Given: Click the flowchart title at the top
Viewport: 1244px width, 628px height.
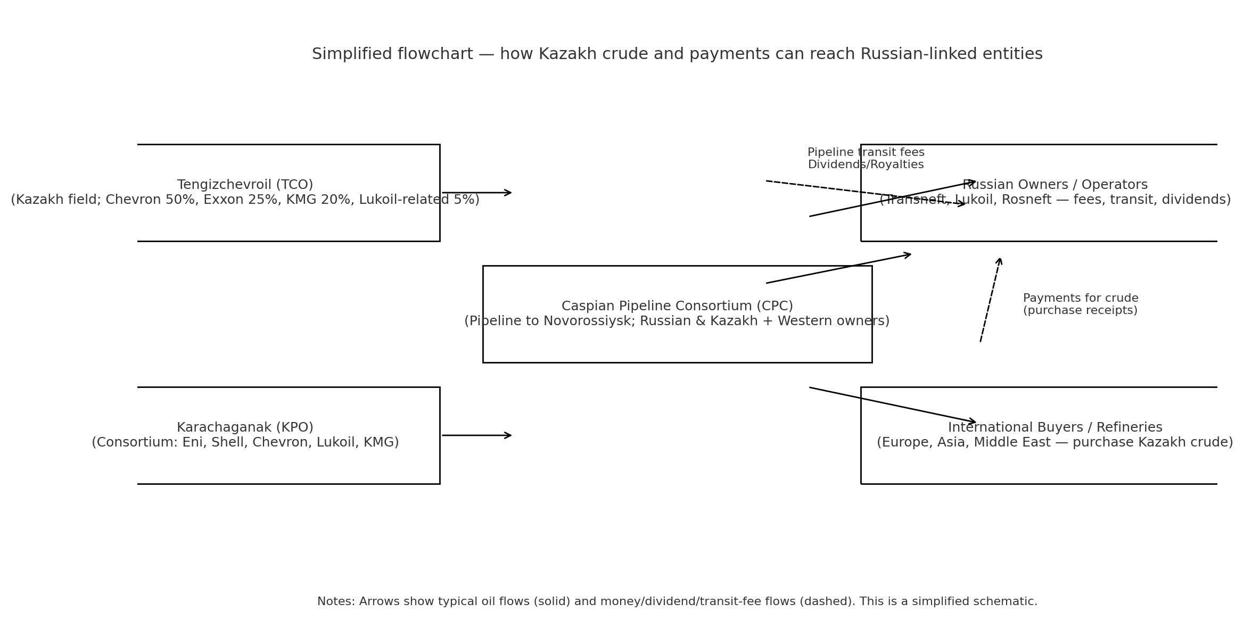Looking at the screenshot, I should point(677,54).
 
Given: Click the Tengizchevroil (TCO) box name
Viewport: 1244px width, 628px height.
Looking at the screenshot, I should point(245,185).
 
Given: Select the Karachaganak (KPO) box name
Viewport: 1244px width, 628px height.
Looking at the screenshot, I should point(245,427).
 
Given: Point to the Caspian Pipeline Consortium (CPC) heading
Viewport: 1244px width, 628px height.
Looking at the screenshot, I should point(677,306).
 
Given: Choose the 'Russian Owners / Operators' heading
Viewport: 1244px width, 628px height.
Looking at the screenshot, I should point(1054,185).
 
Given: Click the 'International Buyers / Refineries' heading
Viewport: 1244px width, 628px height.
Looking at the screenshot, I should point(1054,427).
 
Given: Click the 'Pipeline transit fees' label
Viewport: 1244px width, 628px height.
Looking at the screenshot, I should point(866,152).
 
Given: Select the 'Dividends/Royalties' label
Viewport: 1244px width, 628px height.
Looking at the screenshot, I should point(866,164).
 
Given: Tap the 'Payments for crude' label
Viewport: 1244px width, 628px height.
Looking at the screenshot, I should point(1080,298).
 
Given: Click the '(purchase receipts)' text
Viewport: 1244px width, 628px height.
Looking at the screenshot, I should point(1080,310).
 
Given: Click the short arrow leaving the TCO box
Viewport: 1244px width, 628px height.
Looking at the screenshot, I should point(476,193).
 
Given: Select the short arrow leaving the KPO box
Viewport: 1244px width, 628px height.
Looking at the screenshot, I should point(476,435).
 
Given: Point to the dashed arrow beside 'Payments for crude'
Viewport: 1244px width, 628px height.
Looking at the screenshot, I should point(991,300).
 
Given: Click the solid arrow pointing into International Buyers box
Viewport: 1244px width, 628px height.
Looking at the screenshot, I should point(892,405).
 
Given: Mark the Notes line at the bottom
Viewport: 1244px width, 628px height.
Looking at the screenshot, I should point(677,601).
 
